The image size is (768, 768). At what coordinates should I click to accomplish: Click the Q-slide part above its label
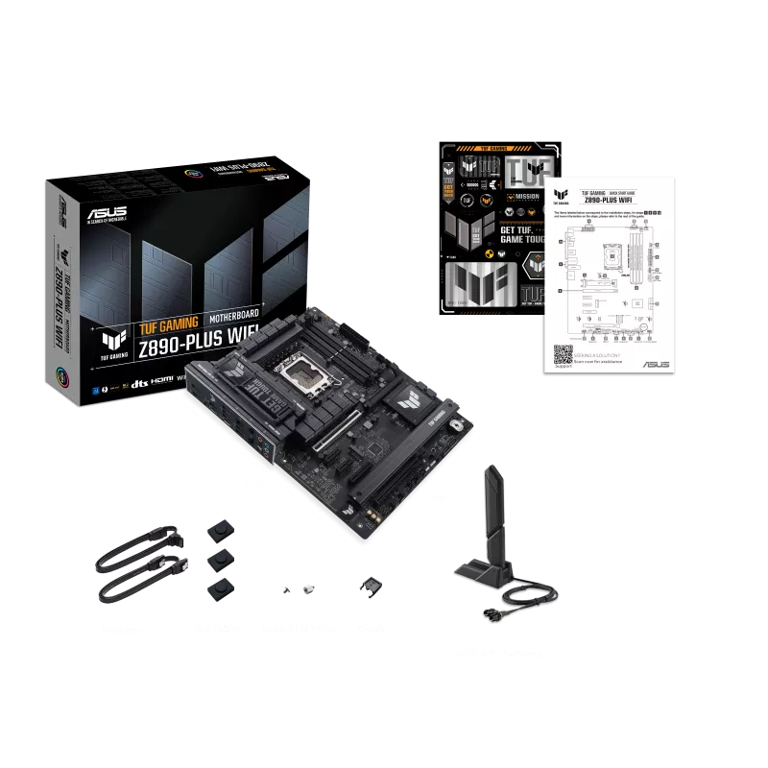(x=369, y=586)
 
